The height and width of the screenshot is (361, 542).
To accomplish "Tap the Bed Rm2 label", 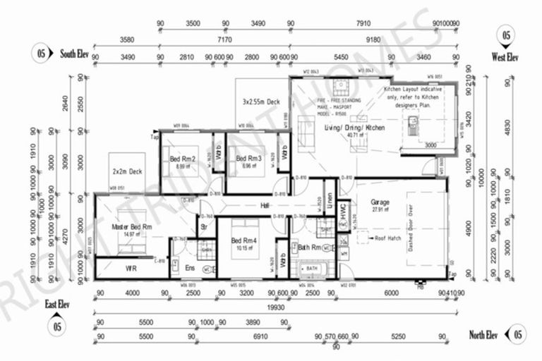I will click(x=182, y=159).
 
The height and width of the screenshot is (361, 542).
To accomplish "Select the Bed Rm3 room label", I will click(x=249, y=159).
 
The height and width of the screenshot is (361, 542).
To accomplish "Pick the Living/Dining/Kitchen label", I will click(x=354, y=128).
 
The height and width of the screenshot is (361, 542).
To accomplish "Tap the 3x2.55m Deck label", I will click(x=261, y=102).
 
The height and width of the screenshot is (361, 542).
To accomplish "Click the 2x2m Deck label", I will click(x=128, y=171).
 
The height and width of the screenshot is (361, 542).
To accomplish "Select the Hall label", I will click(x=265, y=205).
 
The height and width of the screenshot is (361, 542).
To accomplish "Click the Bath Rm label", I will click(x=310, y=248).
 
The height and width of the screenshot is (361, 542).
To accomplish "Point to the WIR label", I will click(x=131, y=269).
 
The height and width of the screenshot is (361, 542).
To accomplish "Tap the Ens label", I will click(x=188, y=269).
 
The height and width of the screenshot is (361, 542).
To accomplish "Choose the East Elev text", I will click(x=57, y=304).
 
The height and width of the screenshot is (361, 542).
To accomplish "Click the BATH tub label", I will click(x=312, y=269).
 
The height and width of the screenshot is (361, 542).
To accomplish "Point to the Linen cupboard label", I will click(x=328, y=200).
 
